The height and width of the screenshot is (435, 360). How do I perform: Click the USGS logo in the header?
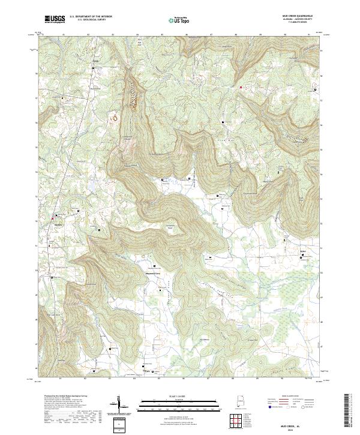point(55,19)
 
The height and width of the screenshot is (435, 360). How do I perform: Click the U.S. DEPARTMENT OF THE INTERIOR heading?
point(90,16)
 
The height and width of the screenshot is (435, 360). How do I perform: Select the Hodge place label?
point(95,62)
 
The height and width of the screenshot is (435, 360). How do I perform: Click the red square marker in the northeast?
point(241,88)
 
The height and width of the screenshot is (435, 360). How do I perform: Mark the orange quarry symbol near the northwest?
point(113,118)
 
